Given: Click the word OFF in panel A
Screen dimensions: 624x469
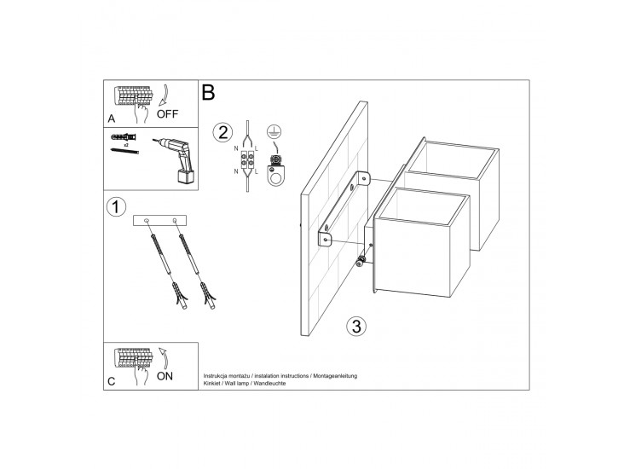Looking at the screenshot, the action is tap(167, 114).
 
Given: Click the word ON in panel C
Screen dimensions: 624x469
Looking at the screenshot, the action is tap(165, 376).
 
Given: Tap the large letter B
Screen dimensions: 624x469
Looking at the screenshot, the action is tap(208, 92).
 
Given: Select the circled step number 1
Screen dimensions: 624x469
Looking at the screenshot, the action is tap(116, 207).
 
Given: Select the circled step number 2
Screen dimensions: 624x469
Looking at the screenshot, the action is tap(222, 132).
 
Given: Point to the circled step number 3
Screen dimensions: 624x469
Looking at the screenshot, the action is tap(356, 326).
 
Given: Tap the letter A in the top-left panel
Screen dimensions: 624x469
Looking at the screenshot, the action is tap(112, 119).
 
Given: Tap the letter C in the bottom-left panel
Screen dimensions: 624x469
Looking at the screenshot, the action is tap(112, 381).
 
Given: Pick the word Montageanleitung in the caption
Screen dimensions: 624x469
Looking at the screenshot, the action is tap(335, 376).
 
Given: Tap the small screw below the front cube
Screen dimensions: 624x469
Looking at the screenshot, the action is tap(361, 261).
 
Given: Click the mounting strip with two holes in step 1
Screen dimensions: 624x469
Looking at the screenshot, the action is tap(159, 220).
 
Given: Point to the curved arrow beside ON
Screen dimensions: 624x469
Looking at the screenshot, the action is tap(165, 358).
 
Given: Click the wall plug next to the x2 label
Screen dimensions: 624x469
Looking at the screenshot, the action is tap(124, 138).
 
